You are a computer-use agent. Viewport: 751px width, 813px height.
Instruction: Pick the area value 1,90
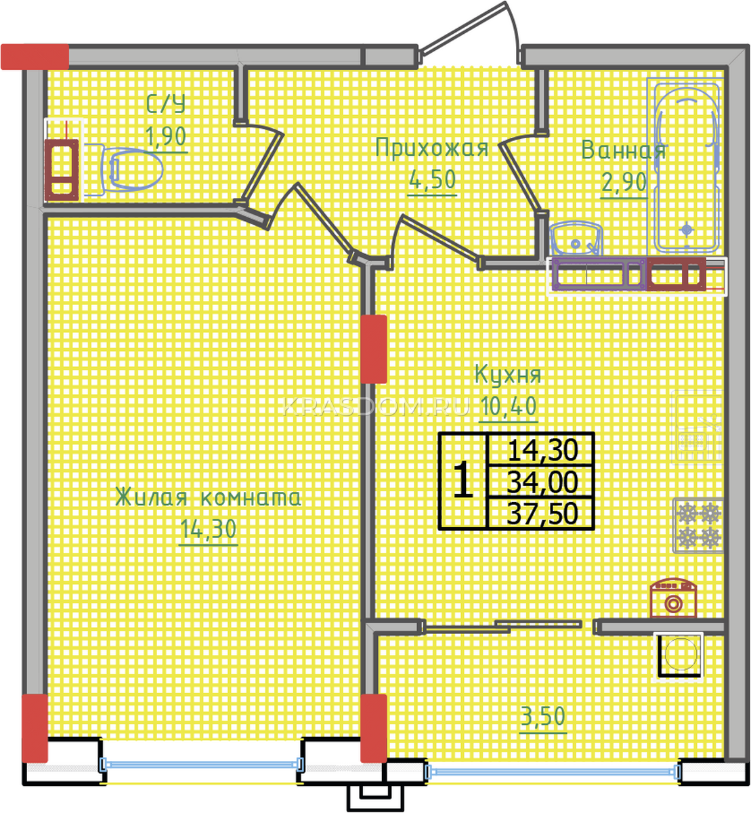point(165,135)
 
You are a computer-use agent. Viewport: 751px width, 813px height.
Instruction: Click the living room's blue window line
point(201,763)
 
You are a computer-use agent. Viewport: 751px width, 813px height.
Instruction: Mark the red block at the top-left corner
point(35,56)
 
